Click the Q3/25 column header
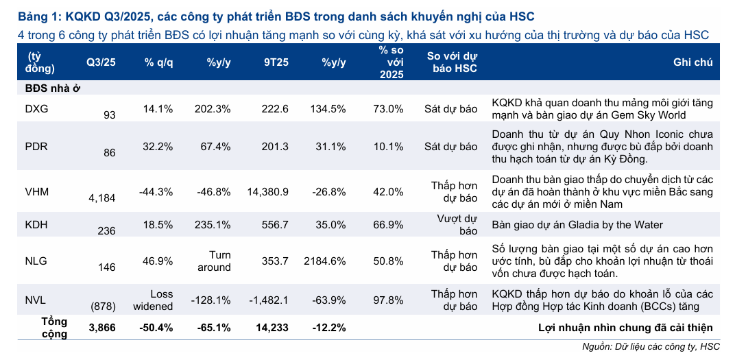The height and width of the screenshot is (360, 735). coord(101,62)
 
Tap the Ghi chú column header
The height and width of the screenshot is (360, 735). coord(693,62)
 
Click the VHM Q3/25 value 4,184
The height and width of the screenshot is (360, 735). coord(102,198)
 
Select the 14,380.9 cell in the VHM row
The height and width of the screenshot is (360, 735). coord(267,191)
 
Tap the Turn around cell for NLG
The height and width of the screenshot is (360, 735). coord(214,261)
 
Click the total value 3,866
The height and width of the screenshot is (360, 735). coord(102,328)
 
